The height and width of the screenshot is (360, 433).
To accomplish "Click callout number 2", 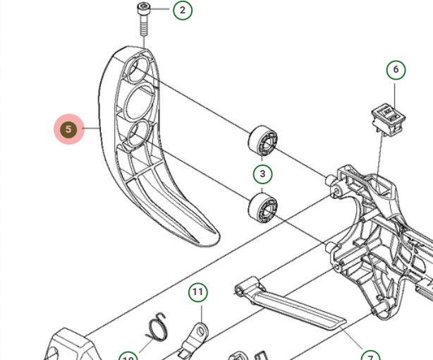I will [183, 10].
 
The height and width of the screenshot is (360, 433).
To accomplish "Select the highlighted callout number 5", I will [69, 129].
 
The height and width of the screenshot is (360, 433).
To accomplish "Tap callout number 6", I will [396, 69].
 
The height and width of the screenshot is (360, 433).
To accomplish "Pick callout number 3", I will [262, 174].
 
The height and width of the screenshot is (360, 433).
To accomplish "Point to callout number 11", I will [198, 292].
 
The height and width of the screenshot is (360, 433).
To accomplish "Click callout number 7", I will [370, 356].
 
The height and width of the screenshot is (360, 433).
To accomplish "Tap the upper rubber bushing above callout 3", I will [262, 140].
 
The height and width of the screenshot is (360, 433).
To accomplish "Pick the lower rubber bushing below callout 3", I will [263, 207].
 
